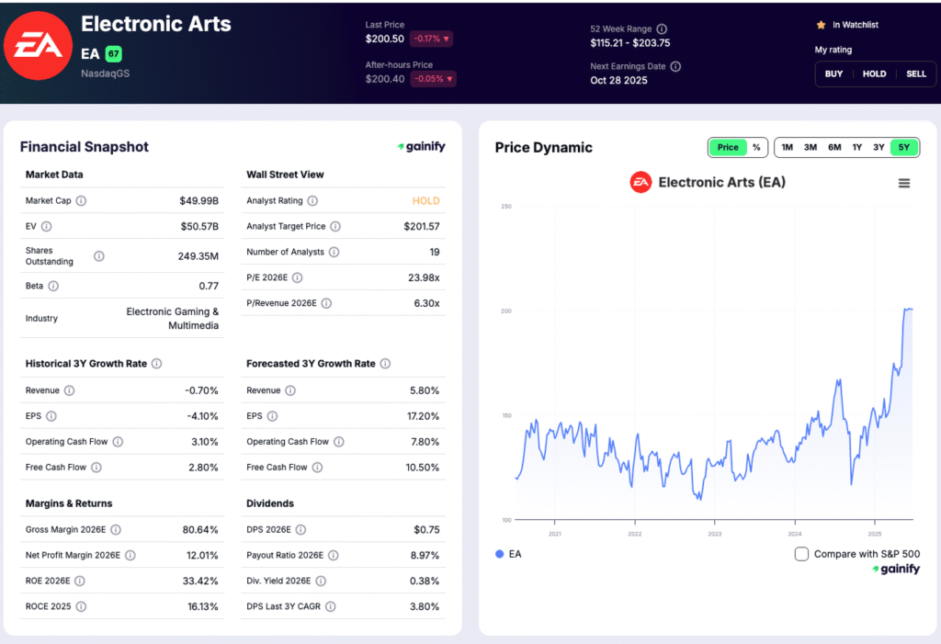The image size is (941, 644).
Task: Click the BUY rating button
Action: coord(833,73)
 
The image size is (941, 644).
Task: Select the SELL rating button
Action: coord(916,73)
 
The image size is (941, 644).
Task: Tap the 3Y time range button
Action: coord(879,147)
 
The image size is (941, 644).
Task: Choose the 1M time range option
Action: coord(787,147)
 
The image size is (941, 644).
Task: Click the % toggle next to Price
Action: coord(756,147)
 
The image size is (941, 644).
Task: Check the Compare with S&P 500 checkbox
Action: coord(801,554)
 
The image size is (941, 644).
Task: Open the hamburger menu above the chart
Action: coord(904,183)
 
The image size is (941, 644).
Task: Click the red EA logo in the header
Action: coord(37,46)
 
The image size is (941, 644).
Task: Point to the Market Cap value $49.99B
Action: coord(199,200)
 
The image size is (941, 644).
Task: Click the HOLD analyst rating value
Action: coord(425,200)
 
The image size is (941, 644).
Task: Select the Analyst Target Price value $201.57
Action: coord(421,226)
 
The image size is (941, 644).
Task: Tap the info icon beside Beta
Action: coord(54,287)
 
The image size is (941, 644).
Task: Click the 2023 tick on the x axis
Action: coord(715,533)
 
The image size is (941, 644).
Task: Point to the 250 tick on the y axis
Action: coord(505,206)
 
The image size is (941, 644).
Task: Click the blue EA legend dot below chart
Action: coord(500,554)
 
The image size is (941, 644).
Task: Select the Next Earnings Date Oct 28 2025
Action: coord(618,81)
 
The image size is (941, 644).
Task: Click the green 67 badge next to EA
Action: coord(113,53)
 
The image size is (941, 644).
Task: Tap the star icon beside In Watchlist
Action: coord(821,25)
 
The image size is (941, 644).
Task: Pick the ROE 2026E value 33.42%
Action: coord(201,581)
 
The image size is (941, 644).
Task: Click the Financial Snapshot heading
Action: coord(85,147)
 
